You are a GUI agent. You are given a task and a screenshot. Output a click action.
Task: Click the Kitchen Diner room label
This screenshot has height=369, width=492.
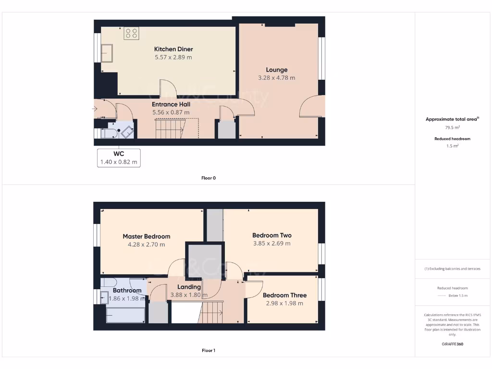[173, 49]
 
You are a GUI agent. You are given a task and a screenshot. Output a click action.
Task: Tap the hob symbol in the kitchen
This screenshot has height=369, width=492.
[131, 33]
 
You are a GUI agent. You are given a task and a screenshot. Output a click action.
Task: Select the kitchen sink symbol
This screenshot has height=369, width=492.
[106, 53]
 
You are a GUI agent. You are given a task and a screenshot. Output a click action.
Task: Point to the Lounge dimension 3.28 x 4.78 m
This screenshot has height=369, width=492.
[276, 78]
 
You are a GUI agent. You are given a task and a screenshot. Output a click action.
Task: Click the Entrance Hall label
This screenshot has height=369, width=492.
[171, 104]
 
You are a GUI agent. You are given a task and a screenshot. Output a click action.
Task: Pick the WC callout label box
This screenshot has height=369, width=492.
[119, 158]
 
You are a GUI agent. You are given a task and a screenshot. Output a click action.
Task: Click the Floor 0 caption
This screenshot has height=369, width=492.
[209, 178]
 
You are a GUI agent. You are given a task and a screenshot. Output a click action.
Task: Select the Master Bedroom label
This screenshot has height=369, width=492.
[146, 236]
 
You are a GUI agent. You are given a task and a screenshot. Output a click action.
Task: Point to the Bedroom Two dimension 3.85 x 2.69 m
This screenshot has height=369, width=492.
[272, 244]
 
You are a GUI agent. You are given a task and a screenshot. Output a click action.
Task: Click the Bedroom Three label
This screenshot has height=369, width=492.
[284, 295]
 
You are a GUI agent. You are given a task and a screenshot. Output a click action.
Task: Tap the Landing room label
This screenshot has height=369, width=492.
[189, 287]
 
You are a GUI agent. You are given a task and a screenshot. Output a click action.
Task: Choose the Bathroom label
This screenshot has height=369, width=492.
[127, 290]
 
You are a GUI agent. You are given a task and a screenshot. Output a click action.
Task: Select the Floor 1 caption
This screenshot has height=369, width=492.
[209, 351]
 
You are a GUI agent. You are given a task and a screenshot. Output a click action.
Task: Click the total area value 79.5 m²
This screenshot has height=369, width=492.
[452, 128]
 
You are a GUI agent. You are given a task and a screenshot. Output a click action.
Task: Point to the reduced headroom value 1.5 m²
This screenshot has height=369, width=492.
[452, 146]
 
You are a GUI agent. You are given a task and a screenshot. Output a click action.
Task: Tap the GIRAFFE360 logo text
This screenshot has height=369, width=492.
[452, 344]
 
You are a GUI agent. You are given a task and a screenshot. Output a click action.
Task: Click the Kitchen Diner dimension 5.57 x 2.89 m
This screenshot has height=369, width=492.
[173, 57]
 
